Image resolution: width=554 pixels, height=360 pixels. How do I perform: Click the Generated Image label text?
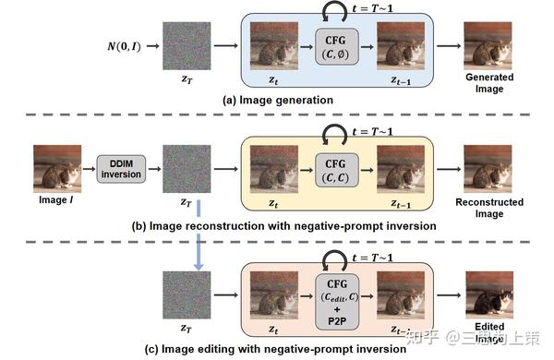[x=488, y=82]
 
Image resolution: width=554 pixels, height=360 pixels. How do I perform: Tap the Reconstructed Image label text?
[x=488, y=207]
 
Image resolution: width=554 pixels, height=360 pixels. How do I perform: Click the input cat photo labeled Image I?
[x=57, y=166]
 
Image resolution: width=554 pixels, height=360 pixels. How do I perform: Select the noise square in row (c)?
[x=187, y=294]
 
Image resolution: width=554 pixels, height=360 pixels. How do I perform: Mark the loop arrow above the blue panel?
[x=330, y=10]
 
